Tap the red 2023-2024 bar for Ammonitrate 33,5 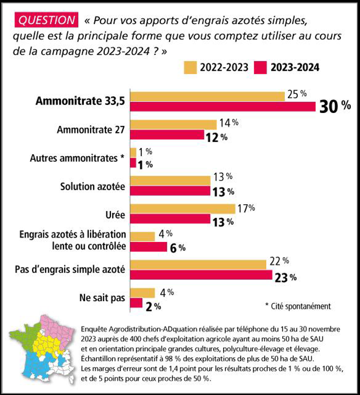pyautogui.click(x=223, y=106)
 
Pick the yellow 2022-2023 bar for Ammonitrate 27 pyautogui.click(x=173, y=124)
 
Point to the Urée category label pyautogui.click(x=115, y=215)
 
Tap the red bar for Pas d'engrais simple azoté pyautogui.click(x=201, y=276)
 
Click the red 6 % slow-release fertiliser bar pyautogui.click(x=148, y=247)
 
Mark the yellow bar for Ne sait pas pyautogui.click(x=142, y=293)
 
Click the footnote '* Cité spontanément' pyautogui.click(x=297, y=305)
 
